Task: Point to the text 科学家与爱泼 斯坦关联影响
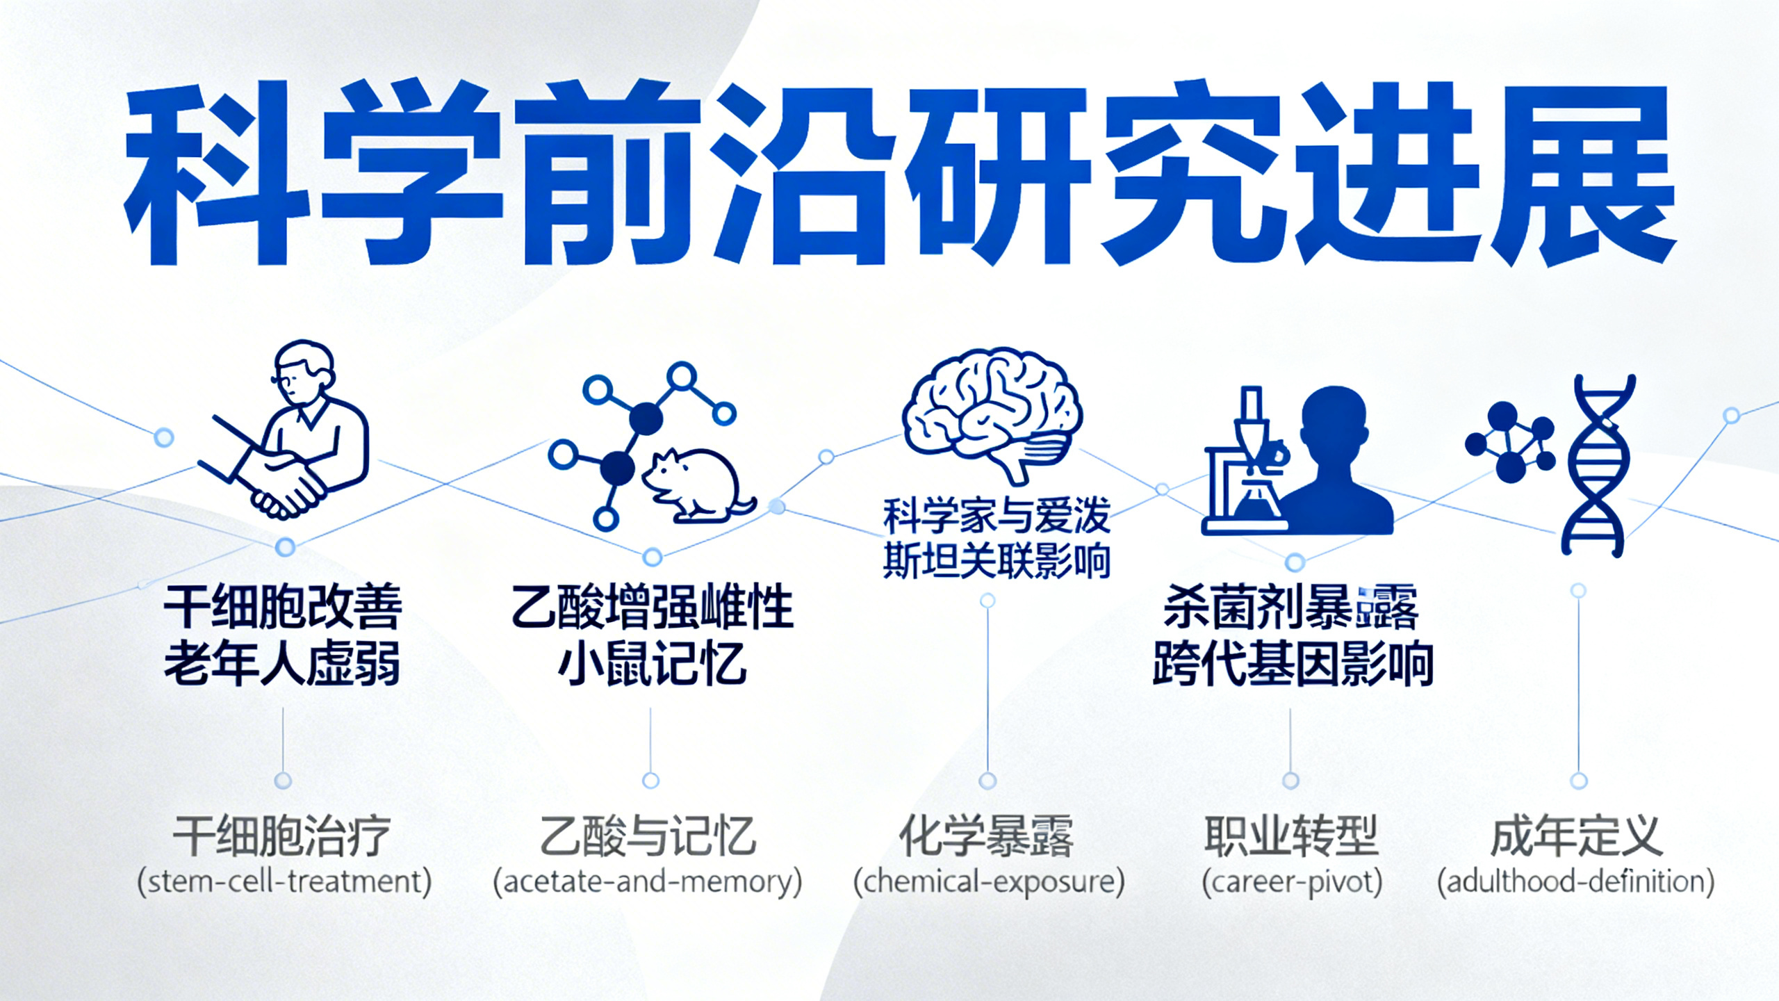tap(996, 538)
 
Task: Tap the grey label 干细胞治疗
tap(282, 836)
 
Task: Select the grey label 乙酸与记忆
tap(648, 836)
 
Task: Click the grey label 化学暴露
tap(987, 836)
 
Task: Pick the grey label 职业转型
tap(1291, 836)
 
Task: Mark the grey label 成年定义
tap(1576, 836)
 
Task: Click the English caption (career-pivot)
tap(1292, 882)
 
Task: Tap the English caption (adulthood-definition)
tap(1576, 882)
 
